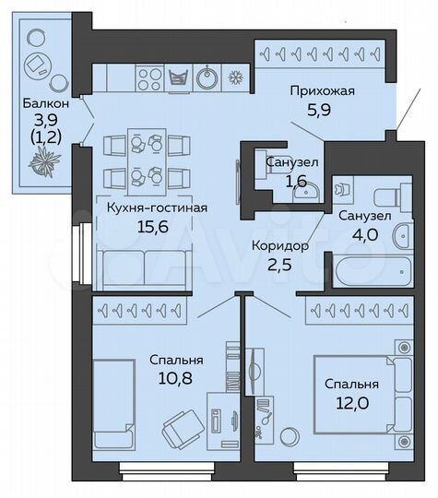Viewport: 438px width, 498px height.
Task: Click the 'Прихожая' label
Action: [x=322, y=91]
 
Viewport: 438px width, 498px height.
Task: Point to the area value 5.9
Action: [x=322, y=108]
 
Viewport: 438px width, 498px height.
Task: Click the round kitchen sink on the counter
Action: [x=208, y=76]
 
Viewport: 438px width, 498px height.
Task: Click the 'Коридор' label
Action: [x=279, y=245]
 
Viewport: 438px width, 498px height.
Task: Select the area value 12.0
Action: [x=351, y=401]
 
